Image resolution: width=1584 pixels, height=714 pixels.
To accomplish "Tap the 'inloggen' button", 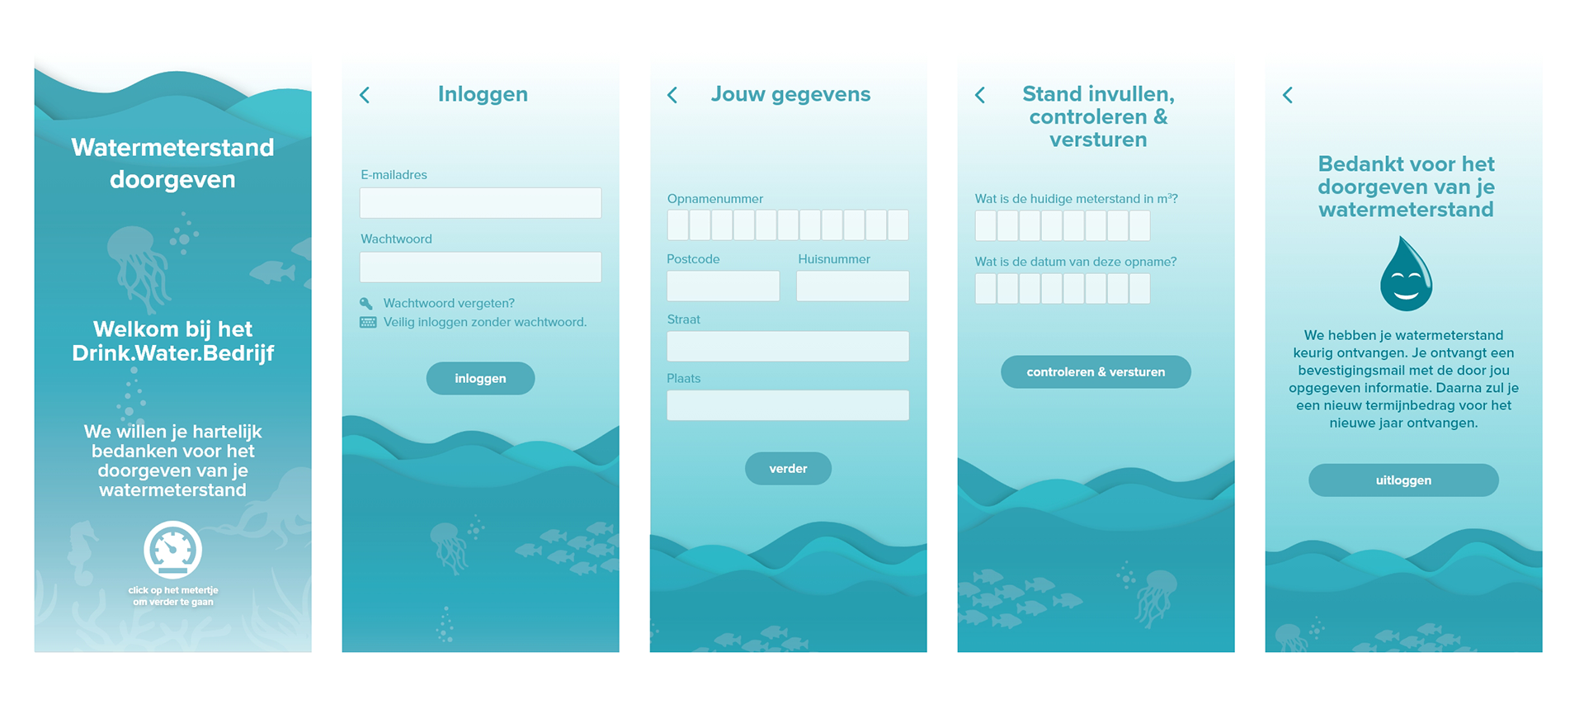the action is coord(480,378).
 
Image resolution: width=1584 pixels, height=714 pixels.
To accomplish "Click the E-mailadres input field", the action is coord(480,203).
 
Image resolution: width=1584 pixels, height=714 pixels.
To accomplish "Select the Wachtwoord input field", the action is coord(480,267).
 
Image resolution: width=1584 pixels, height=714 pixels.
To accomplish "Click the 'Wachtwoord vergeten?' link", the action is coord(449,303).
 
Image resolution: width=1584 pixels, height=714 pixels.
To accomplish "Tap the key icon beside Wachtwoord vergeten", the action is coord(366,303).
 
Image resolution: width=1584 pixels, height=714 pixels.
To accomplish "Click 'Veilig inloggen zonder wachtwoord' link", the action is coord(484,322).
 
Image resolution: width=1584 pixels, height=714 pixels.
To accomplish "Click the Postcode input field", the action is coord(723,286).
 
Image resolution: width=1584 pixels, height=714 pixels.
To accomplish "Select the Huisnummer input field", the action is coord(852,286).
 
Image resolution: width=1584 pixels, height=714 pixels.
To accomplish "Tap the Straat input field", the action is coord(788,346).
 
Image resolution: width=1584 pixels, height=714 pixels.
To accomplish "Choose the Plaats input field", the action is coord(788,405).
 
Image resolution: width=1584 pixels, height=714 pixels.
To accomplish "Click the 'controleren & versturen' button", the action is coord(1096,372).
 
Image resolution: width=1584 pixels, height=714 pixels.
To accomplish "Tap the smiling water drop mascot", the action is coord(1406,275).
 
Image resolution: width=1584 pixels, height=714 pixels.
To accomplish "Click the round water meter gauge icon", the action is coord(173,549).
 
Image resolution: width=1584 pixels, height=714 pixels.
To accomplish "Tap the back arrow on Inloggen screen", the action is coord(365,95).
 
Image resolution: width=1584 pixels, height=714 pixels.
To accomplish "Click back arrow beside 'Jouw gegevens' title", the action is coord(672,95).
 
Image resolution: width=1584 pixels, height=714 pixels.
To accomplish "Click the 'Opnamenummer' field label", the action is coord(715,199).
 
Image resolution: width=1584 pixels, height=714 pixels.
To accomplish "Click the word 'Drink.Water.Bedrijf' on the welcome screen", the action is coord(173,353).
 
